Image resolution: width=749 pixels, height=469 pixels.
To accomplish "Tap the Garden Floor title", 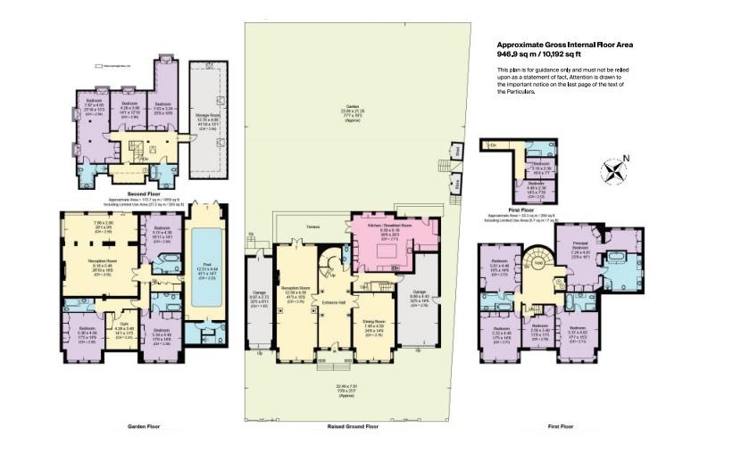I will click(x=142, y=427).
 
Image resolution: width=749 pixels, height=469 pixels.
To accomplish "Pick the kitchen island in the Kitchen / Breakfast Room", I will click(x=387, y=259).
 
